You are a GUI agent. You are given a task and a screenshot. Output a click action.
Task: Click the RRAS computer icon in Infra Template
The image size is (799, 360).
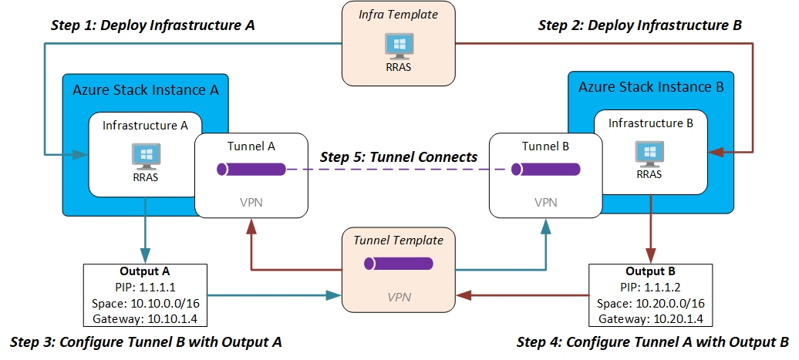(x=399, y=45)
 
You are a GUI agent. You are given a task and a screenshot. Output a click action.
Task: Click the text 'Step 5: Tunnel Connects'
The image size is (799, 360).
(x=398, y=156)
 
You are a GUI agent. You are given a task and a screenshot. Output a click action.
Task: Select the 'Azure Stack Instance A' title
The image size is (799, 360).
(x=146, y=89)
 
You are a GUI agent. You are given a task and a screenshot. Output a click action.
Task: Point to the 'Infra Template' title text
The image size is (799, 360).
(x=399, y=15)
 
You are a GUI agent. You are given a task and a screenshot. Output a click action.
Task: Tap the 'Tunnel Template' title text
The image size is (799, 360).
(x=399, y=241)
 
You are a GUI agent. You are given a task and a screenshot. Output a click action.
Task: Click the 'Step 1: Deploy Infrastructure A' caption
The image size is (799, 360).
(x=153, y=25)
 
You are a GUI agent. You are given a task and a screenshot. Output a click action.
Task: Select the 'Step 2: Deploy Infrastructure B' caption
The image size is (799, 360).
(x=639, y=25)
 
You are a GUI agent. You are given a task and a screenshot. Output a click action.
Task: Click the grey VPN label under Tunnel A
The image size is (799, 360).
(x=252, y=202)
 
